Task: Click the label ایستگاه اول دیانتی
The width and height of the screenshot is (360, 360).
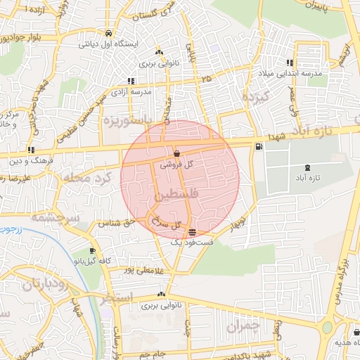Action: pos(108,44)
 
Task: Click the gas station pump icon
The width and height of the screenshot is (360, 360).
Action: pos(260,146)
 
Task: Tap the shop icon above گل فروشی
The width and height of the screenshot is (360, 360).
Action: pos(176,153)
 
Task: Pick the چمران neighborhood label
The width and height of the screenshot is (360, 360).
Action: pos(243,326)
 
